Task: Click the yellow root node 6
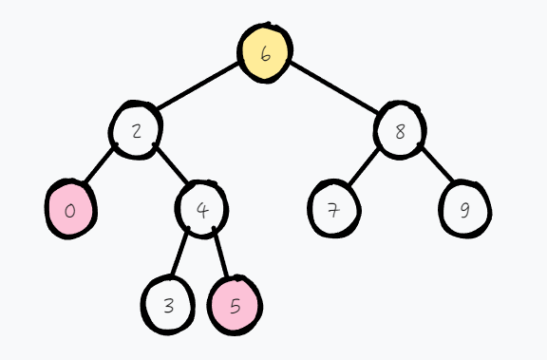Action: (264, 52)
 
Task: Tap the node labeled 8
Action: (399, 130)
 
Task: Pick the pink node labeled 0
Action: (70, 209)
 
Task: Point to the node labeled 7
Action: (333, 209)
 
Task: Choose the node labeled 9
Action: (464, 209)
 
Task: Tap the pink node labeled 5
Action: (235, 306)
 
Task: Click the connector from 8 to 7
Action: (365, 166)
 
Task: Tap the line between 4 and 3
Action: (183, 255)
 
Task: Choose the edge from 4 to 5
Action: (219, 255)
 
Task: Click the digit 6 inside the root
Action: (265, 54)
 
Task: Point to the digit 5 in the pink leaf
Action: (236, 307)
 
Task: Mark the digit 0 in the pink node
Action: (69, 210)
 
